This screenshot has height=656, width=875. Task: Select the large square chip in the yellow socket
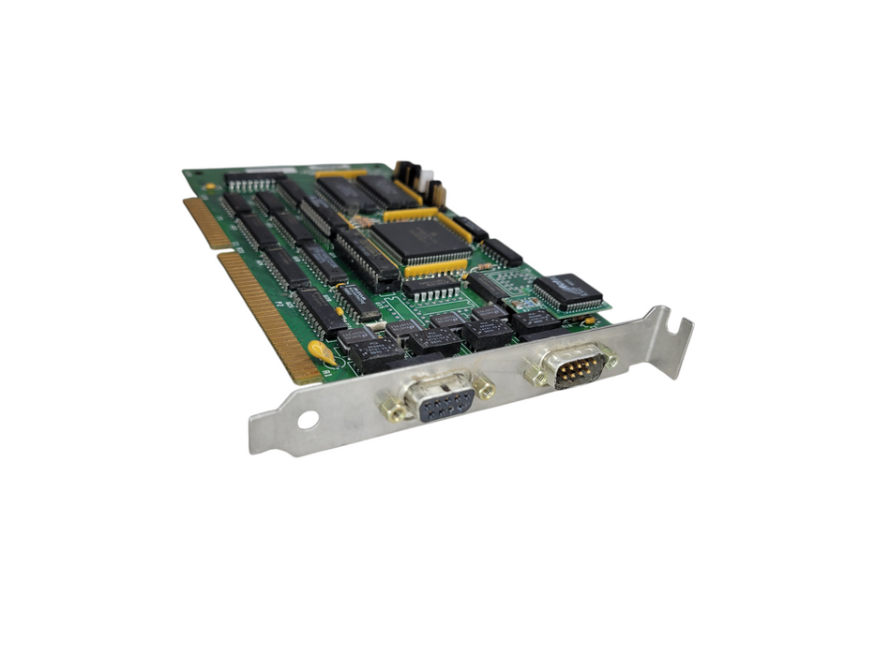421,238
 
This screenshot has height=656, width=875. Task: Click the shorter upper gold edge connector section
207,224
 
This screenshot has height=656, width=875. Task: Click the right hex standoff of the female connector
484,385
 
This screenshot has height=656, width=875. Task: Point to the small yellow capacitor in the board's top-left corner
208,186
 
